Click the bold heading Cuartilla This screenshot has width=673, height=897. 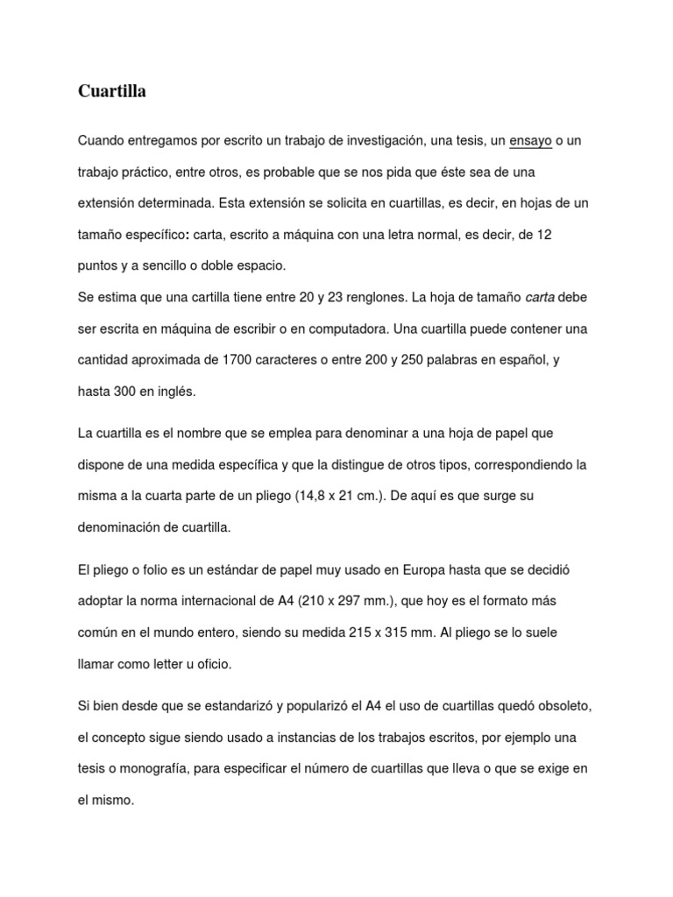(x=112, y=91)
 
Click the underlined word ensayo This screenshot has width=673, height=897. (x=530, y=140)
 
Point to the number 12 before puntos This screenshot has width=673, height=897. (x=543, y=235)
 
